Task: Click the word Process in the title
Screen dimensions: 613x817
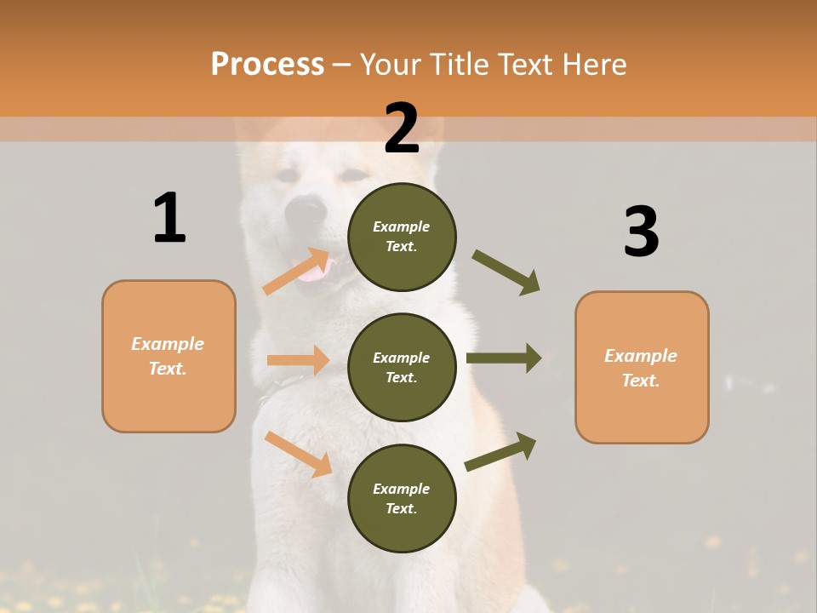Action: pyautogui.click(x=267, y=64)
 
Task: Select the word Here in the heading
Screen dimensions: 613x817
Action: pyautogui.click(x=591, y=64)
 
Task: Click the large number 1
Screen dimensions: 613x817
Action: pyautogui.click(x=169, y=218)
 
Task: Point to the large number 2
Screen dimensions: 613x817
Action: pyautogui.click(x=402, y=129)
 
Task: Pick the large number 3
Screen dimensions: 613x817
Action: pyautogui.click(x=641, y=232)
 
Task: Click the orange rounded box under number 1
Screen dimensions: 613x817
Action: pyautogui.click(x=169, y=356)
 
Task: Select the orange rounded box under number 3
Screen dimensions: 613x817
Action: pyautogui.click(x=642, y=367)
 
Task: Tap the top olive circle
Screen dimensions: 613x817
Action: pyautogui.click(x=402, y=237)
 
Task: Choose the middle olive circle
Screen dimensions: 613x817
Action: pyautogui.click(x=402, y=367)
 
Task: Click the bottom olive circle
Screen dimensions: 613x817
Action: pyautogui.click(x=402, y=498)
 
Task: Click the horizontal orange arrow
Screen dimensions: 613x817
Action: pyautogui.click(x=298, y=360)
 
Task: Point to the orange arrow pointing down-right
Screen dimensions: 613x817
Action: pyautogui.click(x=299, y=453)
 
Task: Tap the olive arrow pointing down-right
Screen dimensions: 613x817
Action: pyautogui.click(x=506, y=272)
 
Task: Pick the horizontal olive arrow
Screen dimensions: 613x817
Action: pyautogui.click(x=504, y=358)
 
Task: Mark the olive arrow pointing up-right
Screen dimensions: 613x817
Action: pyautogui.click(x=501, y=451)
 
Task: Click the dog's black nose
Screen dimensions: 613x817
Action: pyautogui.click(x=306, y=209)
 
